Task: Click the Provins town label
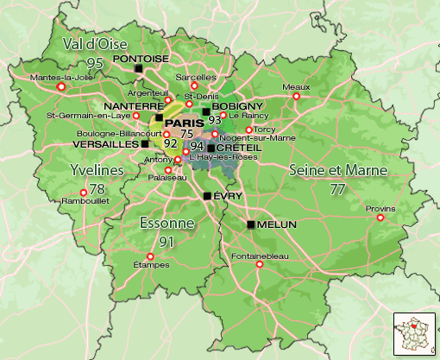coord(380,208)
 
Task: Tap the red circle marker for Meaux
coord(297,96)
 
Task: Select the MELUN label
coord(277,224)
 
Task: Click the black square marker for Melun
coord(251,224)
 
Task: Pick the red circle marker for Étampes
coord(150,256)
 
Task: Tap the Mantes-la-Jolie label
coord(61,77)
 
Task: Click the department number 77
coord(337,186)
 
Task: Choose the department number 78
coord(97,189)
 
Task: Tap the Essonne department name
coord(166,223)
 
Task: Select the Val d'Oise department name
coord(95,43)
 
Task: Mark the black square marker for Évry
coord(207,196)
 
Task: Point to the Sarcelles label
coord(195,77)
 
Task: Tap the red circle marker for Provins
coord(380,218)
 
